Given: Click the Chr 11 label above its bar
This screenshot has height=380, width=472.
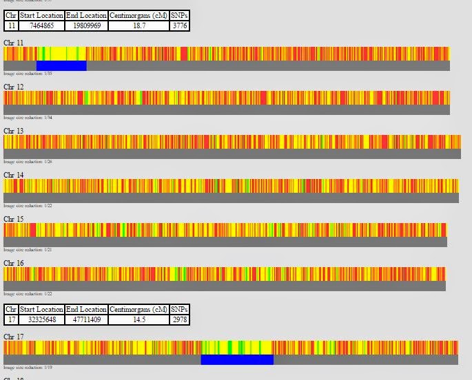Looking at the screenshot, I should (x=14, y=43).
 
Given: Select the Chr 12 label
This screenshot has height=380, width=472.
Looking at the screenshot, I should (x=14, y=87).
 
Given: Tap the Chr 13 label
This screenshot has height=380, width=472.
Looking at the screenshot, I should (x=14, y=131).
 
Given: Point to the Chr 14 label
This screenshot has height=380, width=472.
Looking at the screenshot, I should (x=14, y=175).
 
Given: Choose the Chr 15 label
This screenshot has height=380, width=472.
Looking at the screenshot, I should (x=14, y=219).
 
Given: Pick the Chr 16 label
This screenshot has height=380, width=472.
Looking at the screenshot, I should (x=14, y=263).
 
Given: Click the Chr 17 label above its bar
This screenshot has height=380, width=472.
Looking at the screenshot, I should (x=14, y=337).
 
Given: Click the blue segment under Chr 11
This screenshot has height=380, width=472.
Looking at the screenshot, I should (x=61, y=65).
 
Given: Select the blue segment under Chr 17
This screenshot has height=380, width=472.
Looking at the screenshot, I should (x=237, y=359).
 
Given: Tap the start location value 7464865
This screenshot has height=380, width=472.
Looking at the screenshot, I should (x=41, y=25).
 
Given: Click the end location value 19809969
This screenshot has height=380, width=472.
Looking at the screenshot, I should (x=86, y=25).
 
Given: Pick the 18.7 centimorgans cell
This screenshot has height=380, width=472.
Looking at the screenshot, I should (x=138, y=25).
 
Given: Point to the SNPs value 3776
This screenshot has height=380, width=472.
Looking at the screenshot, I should (x=179, y=25).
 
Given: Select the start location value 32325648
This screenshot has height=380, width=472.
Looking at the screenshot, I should (x=41, y=319).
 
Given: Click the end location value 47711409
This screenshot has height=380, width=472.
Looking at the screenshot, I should (x=86, y=319).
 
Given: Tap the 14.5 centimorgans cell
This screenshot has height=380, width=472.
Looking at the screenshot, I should (x=138, y=319).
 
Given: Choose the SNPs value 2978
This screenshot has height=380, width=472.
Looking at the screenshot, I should (x=179, y=319).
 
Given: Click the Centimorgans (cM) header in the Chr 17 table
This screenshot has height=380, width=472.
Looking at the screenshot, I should (x=138, y=309).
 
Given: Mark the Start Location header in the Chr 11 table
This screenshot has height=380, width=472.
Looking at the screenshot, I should (x=41, y=15).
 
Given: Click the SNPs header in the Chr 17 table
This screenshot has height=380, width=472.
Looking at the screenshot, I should (x=179, y=309).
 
